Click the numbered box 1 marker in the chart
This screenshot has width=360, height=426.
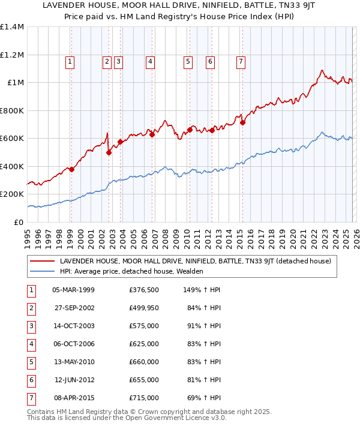click(70, 61)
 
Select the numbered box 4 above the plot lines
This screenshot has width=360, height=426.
click(150, 61)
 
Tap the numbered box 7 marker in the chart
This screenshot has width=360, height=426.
click(241, 61)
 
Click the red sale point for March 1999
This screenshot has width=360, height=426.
click(71, 169)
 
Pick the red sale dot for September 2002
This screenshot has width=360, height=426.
click(109, 152)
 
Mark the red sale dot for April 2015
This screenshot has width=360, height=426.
click(243, 122)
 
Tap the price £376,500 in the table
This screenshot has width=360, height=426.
click(144, 290)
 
